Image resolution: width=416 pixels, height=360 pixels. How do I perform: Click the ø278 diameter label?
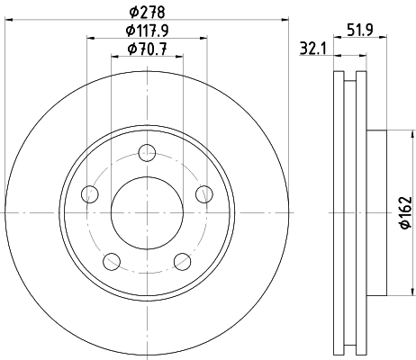coord(147,13)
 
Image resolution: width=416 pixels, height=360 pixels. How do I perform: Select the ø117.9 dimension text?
coord(147,31)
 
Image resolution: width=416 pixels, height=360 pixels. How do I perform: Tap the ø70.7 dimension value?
coord(147,49)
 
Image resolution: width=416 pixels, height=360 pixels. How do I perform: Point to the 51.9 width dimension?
coord(360,30)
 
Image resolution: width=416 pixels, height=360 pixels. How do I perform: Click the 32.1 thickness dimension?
coord(313,49)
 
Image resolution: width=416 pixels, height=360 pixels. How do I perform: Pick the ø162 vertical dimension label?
coord(406,212)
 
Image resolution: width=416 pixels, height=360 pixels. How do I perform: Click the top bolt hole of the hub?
coord(147,153)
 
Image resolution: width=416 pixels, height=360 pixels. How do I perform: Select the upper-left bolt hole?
coord(90,194)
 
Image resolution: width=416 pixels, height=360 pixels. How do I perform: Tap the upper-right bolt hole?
coord(204,194)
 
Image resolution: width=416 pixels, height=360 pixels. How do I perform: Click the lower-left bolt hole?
coord(112,261)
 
